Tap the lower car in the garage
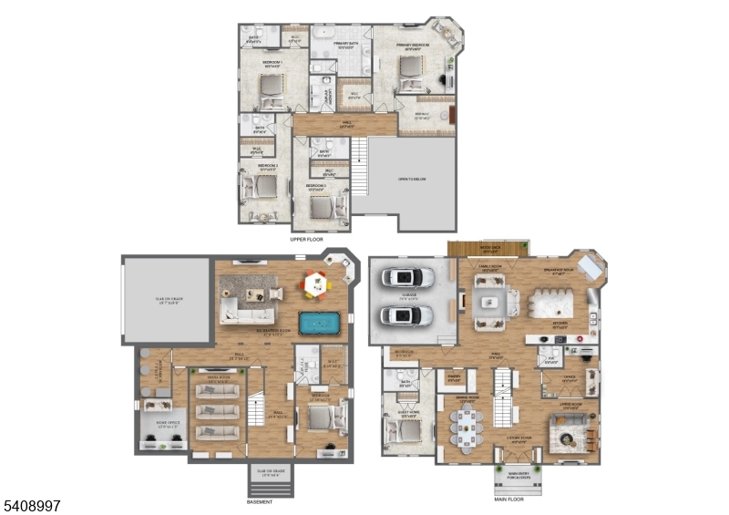tap(406, 315)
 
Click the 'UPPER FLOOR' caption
tap(306, 240)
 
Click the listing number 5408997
tap(33, 504)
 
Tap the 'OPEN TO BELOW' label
tap(412, 180)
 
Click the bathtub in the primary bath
tap(325, 37)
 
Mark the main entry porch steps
tap(517, 479)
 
